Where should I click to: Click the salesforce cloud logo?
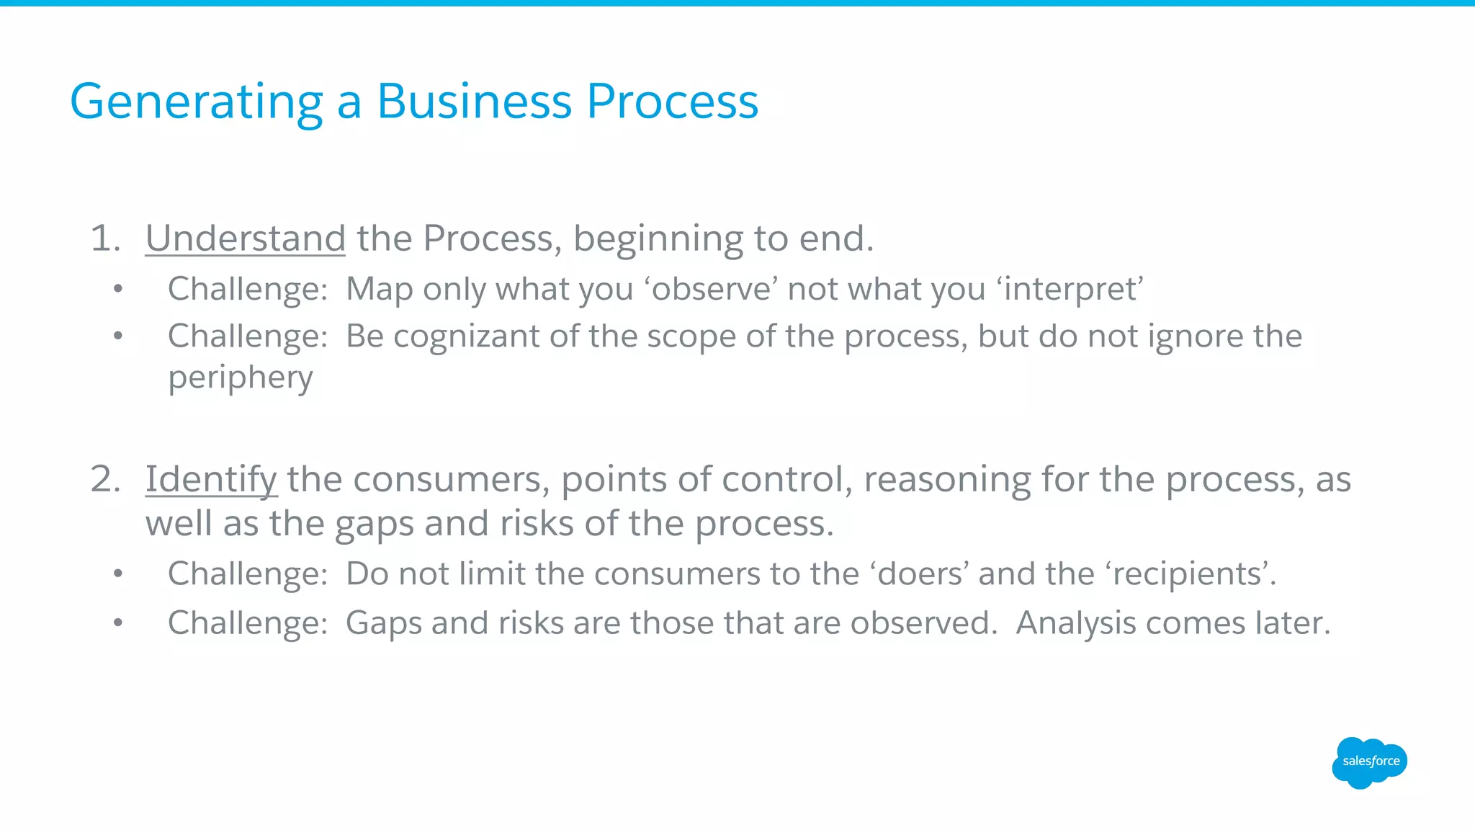pos(1369,762)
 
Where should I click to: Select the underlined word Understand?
pos(246,238)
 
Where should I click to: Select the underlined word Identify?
pos(210,480)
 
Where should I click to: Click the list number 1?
pos(104,238)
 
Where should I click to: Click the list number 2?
pos(104,479)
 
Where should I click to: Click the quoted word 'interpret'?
pos(1070,289)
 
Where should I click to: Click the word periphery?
pos(241,378)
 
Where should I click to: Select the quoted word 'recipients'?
pos(1186,574)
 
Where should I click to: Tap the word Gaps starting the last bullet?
pos(383,623)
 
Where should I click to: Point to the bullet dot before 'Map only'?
pos(118,290)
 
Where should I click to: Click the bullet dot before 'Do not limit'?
pos(118,574)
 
